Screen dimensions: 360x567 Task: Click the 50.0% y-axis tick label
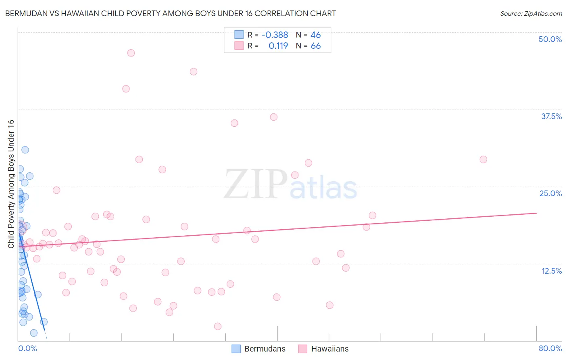[550, 39]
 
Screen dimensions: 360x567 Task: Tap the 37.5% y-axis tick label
[551, 116]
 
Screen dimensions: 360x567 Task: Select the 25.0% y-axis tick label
[550, 193]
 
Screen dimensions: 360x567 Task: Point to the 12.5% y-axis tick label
[551, 271]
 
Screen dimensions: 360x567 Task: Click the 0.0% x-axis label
[27, 348]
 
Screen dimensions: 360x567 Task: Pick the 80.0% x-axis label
[550, 348]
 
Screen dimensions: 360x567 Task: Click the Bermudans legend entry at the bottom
[258, 349]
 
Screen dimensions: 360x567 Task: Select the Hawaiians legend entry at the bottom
[323, 349]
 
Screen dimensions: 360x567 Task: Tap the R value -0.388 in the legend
[275, 35]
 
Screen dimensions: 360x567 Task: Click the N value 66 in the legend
[316, 46]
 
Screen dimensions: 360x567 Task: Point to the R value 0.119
[278, 46]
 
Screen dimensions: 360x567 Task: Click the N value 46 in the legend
[316, 35]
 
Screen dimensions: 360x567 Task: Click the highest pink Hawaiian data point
[131, 53]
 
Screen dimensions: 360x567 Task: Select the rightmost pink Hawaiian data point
[483, 159]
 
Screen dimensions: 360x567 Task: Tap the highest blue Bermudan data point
[25, 150]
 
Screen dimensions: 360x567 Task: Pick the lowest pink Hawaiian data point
[218, 326]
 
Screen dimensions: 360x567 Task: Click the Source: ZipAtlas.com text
[531, 13]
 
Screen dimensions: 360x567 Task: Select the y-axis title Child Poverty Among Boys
[11, 184]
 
